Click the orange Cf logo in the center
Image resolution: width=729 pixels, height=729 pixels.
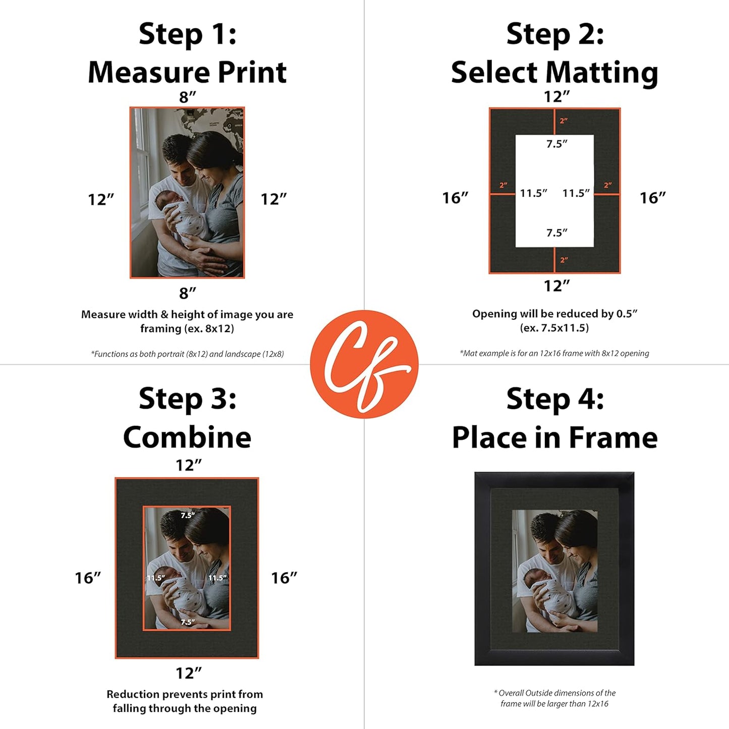(364, 364)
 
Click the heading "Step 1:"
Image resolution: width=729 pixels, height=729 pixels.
(187, 34)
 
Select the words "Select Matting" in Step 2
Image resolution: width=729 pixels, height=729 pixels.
(554, 72)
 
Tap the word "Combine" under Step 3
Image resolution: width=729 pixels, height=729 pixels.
(187, 437)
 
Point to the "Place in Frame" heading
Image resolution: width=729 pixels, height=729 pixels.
(554, 437)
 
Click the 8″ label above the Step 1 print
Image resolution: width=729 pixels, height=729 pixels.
(187, 97)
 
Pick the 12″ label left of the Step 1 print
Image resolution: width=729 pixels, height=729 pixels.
(101, 199)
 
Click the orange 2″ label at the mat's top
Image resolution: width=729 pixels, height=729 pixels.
(564, 121)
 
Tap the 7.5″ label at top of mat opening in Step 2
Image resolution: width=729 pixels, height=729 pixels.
(556, 144)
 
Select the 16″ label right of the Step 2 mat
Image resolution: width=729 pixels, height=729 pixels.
(652, 198)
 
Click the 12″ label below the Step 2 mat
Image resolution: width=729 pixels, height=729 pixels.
(556, 286)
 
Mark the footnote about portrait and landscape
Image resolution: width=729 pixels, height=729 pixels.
(187, 354)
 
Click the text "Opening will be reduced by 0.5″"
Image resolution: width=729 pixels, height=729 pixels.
(554, 314)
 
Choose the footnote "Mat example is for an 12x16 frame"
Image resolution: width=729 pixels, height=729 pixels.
(554, 353)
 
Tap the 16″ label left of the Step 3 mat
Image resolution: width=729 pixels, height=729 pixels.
(88, 578)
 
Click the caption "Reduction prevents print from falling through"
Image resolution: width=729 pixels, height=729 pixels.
(185, 701)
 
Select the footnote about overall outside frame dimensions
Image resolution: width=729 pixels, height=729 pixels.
(554, 698)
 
